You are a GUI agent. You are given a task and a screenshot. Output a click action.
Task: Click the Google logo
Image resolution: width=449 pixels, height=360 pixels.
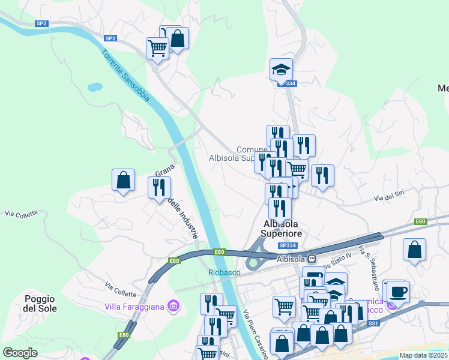(x=20, y=353)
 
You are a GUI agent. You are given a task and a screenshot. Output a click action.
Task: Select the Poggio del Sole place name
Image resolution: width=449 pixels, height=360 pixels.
(x=40, y=304)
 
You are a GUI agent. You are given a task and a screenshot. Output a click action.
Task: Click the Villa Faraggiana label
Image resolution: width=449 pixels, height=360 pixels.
(x=134, y=307)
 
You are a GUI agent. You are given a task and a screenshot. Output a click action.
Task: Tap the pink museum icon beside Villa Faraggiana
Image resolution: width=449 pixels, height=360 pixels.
(x=174, y=307)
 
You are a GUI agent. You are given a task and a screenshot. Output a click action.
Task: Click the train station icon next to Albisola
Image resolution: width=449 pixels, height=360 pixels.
(x=312, y=259)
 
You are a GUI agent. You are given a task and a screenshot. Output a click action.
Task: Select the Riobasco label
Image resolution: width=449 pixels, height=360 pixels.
(x=224, y=272)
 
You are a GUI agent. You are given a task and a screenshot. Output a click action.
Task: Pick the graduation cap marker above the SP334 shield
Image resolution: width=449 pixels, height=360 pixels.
(x=281, y=70)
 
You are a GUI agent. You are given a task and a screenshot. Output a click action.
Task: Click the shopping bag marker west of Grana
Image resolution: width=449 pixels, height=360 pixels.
(x=123, y=179)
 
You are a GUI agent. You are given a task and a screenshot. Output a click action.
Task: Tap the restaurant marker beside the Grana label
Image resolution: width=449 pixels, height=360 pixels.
(x=159, y=187)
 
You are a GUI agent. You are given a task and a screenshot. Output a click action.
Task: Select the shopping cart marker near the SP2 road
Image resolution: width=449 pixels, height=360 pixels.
(x=157, y=47)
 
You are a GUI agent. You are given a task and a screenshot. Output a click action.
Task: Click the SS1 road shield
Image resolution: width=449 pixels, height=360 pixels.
(x=373, y=323)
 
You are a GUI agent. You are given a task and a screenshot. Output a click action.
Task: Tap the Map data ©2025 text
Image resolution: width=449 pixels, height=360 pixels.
(x=423, y=355)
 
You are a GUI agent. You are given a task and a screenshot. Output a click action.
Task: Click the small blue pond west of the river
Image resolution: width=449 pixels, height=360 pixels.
(x=95, y=87)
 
